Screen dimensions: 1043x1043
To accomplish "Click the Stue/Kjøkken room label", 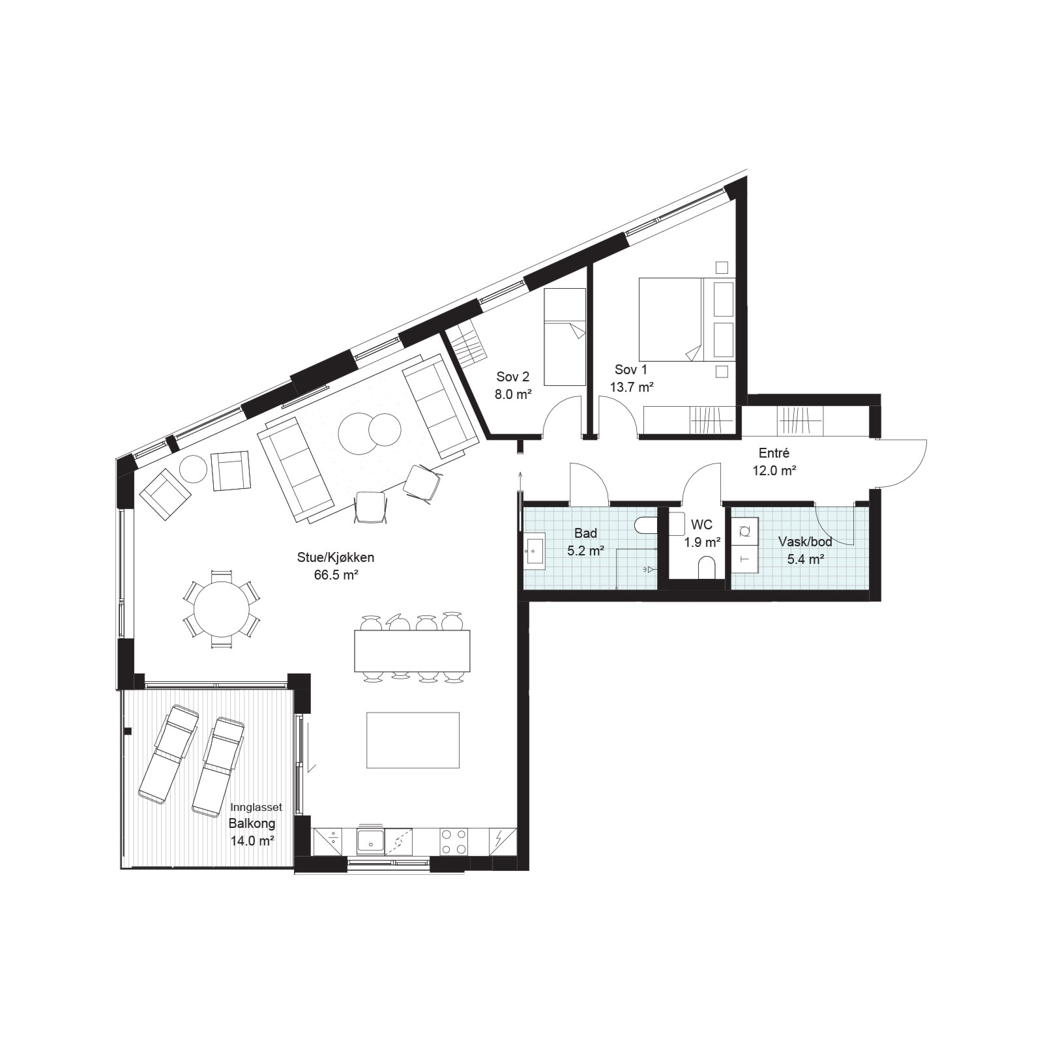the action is pyautogui.click(x=335, y=558).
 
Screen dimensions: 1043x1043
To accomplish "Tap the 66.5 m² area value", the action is pyautogui.click(x=336, y=575).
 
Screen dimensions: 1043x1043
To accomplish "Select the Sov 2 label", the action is pyautogui.click(x=512, y=377).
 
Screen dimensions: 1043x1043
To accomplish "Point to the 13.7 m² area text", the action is pyautogui.click(x=632, y=387).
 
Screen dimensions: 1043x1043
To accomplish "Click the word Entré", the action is pyautogui.click(x=774, y=453).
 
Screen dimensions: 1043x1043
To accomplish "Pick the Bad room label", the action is pyautogui.click(x=585, y=534).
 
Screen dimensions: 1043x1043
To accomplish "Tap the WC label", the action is pyautogui.click(x=702, y=525).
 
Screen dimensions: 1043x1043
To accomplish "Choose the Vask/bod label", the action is pyautogui.click(x=805, y=542).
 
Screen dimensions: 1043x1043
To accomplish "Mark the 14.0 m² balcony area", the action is pyautogui.click(x=252, y=841).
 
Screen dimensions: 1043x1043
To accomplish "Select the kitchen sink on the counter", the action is pyautogui.click(x=370, y=841).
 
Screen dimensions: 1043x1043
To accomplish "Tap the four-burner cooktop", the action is pyautogui.click(x=454, y=841).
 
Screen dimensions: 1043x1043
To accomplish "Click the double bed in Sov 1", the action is pyautogui.click(x=687, y=319).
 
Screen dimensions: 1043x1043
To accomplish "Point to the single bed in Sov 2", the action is pyautogui.click(x=565, y=337).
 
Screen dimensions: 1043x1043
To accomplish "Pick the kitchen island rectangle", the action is pyautogui.click(x=413, y=740).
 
